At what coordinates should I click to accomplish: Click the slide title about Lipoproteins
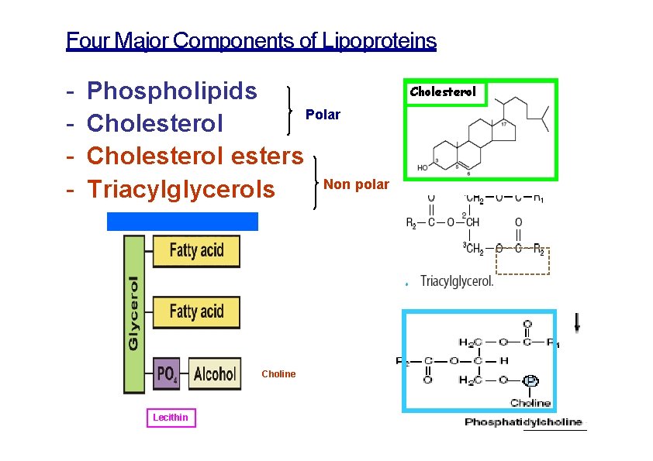(x=251, y=40)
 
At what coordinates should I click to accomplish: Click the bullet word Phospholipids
(x=172, y=91)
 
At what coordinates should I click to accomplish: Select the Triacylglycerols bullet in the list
(x=181, y=188)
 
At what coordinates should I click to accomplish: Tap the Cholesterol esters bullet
(x=195, y=156)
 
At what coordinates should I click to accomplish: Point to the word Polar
(x=323, y=115)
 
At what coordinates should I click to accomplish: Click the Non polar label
(x=356, y=184)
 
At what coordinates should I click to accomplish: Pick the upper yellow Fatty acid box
(x=195, y=251)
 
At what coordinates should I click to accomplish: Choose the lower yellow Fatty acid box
(x=195, y=311)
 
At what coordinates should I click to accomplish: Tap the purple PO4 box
(x=168, y=375)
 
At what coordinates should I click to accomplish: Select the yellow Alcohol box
(x=214, y=375)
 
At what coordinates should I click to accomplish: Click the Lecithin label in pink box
(x=171, y=418)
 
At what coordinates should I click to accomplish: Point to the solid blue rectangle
(x=182, y=222)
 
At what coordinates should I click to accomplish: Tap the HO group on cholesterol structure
(x=423, y=167)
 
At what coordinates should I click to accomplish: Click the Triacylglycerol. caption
(x=456, y=281)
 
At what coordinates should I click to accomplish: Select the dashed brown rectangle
(x=523, y=261)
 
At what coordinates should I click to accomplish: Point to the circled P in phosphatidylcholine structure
(x=530, y=380)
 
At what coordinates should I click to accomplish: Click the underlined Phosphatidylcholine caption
(x=525, y=422)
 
